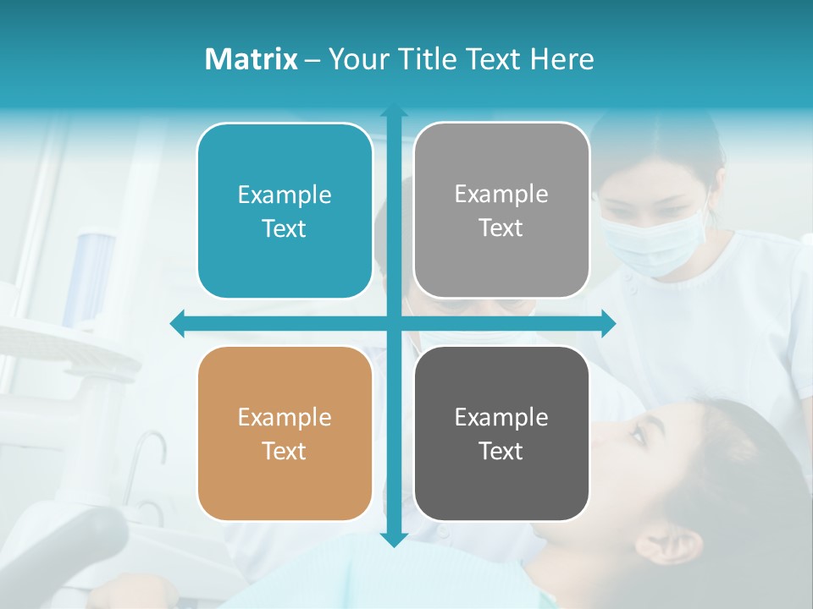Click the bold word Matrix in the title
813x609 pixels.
click(251, 59)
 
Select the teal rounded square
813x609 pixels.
click(285, 211)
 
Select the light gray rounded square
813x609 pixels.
click(501, 211)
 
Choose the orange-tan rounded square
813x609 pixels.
click(285, 433)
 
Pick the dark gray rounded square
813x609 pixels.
click(501, 433)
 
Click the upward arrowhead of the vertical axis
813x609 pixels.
click(394, 112)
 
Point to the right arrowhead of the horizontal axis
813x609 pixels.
click(608, 323)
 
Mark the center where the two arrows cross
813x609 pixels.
click(394, 323)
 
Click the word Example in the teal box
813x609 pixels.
click(285, 195)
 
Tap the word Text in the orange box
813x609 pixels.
click(284, 451)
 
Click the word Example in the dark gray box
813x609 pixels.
click(501, 417)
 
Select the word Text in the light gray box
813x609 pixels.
click(501, 228)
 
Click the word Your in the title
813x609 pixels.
click(357, 59)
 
